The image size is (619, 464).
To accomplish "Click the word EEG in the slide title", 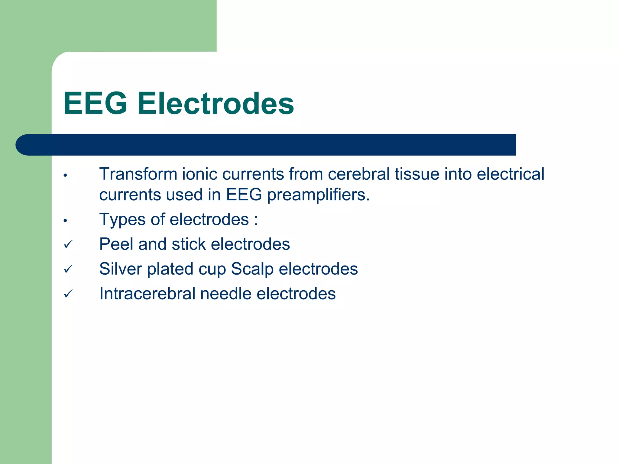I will [95, 104].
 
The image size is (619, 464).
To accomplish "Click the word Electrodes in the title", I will [216, 104].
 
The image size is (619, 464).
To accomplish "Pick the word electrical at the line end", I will [510, 174].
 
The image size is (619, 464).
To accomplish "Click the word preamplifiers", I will [318, 195].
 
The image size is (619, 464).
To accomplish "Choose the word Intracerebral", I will [147, 294].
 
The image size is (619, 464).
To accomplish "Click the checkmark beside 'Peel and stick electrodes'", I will [68, 244].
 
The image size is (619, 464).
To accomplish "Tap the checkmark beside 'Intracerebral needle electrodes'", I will [68, 294].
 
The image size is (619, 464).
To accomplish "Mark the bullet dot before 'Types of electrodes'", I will [65, 221].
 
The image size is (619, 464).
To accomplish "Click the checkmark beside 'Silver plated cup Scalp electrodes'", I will [68, 269].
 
